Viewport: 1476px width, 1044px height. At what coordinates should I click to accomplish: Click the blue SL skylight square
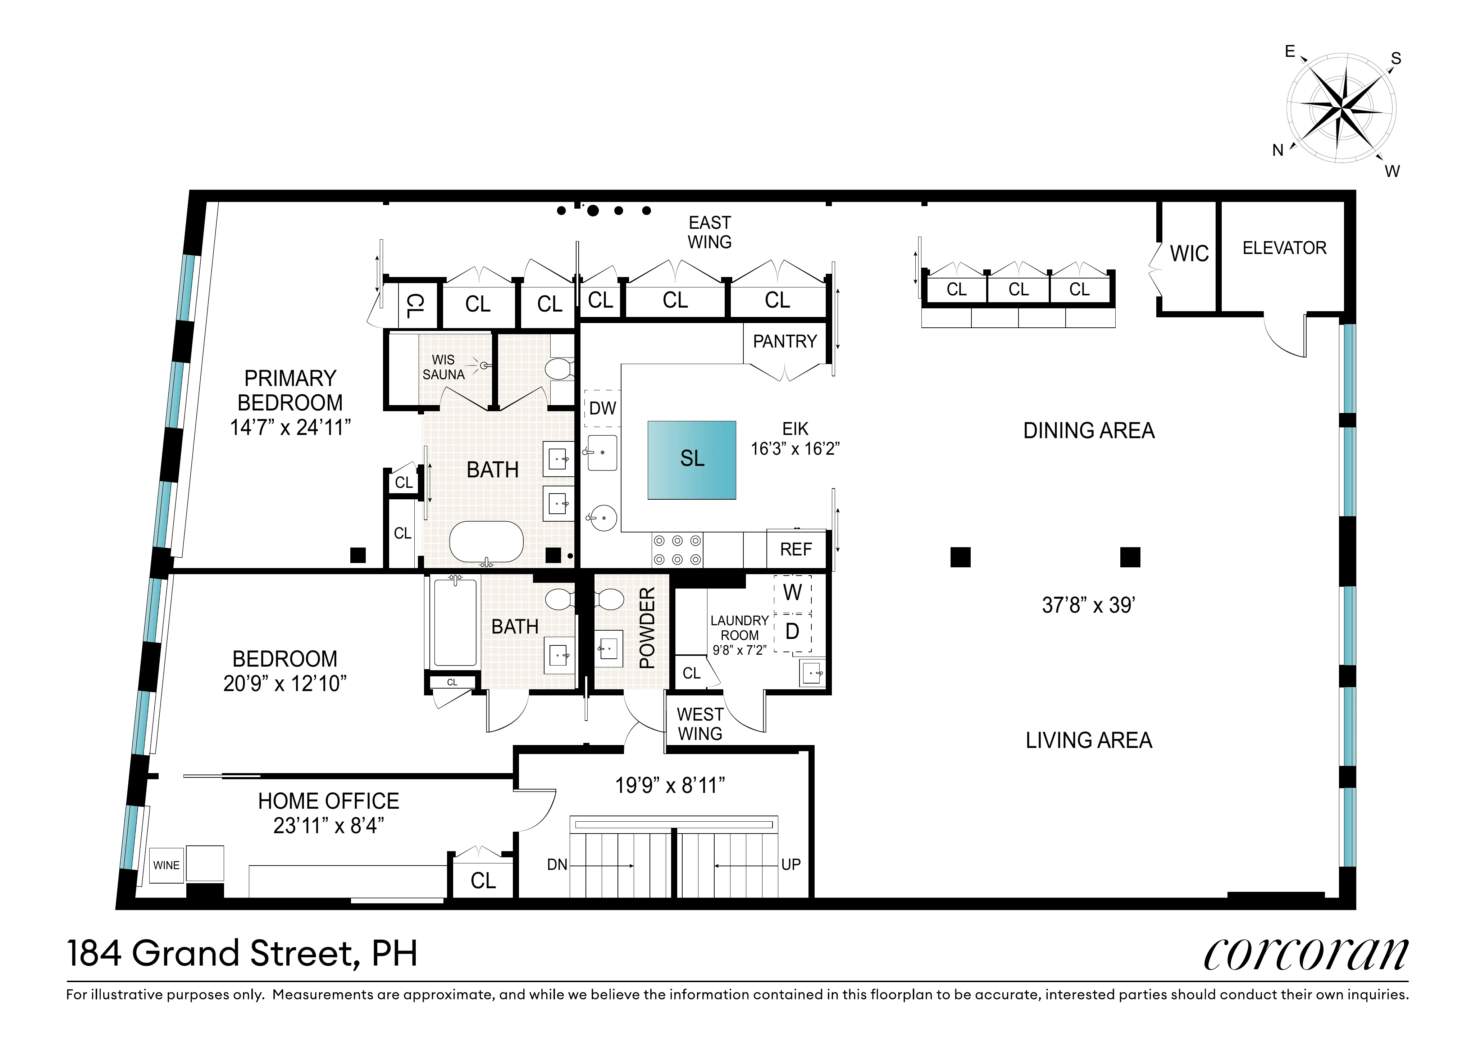click(691, 460)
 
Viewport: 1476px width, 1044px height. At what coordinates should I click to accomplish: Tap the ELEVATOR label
click(1284, 248)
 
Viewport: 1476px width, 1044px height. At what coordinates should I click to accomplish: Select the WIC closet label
click(1189, 254)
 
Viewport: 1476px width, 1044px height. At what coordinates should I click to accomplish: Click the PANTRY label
click(784, 341)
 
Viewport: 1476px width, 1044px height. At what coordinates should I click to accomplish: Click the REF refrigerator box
click(796, 550)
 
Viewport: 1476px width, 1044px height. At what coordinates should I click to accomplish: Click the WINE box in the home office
click(167, 865)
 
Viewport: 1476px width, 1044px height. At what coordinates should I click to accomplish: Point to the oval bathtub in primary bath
click(486, 542)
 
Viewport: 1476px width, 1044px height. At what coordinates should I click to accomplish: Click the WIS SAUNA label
click(443, 367)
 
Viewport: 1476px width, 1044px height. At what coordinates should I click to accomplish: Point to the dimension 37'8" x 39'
click(1088, 605)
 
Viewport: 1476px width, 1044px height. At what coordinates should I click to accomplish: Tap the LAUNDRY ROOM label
click(739, 628)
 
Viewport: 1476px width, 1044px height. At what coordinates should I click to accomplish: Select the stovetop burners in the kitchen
click(677, 550)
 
